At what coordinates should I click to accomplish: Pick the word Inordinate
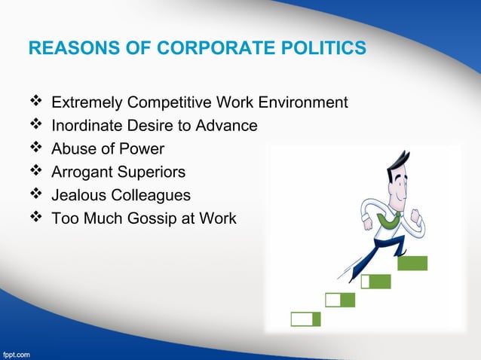point(83,125)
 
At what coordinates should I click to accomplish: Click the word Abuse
point(72,148)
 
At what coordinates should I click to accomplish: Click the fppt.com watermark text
point(17,352)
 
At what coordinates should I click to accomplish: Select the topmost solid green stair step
point(412,263)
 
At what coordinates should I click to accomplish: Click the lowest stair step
point(305,319)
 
